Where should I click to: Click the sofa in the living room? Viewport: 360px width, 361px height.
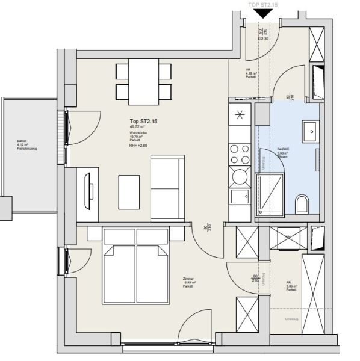(x=167, y=188)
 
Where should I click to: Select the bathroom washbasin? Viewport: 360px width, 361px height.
(x=312, y=130)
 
